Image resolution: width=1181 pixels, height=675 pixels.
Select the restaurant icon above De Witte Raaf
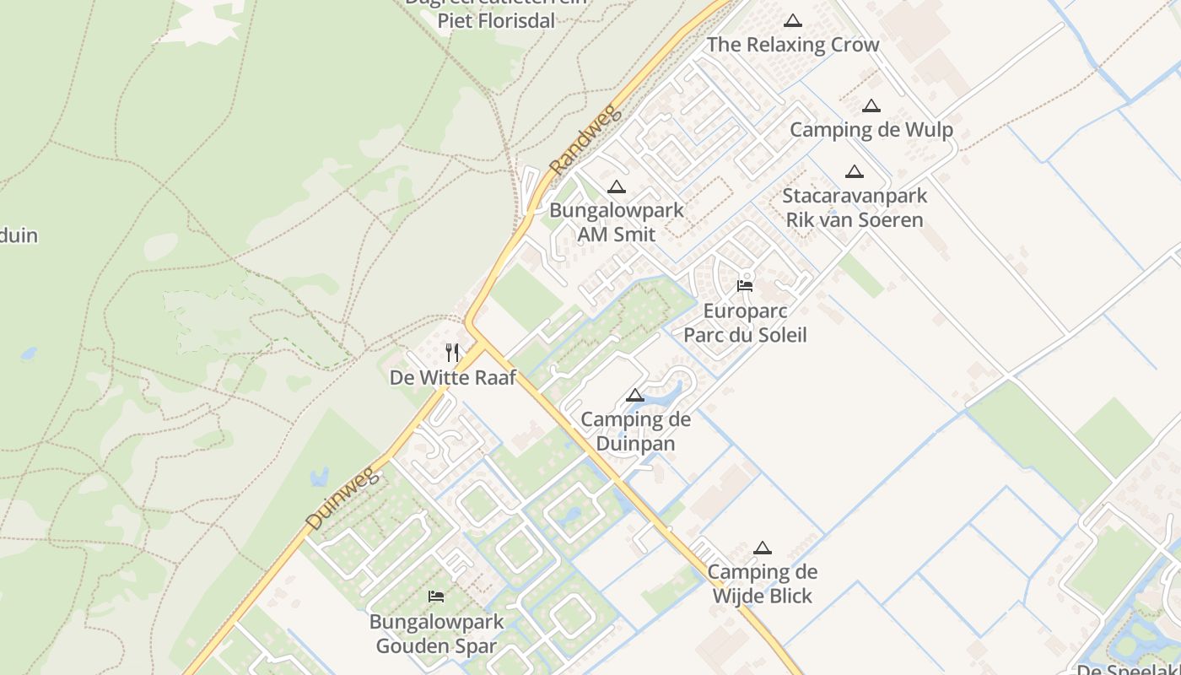click(453, 352)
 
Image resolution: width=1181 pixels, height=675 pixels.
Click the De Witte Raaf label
click(453, 377)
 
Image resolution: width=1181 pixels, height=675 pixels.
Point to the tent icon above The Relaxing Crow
click(792, 20)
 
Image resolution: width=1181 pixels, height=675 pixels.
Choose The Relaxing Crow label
click(792, 45)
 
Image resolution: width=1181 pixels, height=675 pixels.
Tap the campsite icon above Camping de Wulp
click(871, 105)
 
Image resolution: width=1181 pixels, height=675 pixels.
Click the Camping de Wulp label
click(871, 130)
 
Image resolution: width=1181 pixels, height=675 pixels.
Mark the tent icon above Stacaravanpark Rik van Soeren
click(855, 171)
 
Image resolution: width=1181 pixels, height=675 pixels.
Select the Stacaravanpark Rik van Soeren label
click(855, 208)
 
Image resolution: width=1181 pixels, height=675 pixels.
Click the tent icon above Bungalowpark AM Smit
click(617, 186)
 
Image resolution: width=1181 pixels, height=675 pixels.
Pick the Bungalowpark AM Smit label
click(617, 222)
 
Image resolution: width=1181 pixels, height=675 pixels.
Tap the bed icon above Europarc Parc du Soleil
click(745, 286)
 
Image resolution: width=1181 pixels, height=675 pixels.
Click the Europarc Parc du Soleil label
click(745, 322)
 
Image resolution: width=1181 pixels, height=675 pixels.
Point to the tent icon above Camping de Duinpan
click(635, 395)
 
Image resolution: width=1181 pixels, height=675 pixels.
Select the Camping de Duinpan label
click(635, 431)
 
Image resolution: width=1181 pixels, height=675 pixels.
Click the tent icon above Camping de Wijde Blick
click(763, 548)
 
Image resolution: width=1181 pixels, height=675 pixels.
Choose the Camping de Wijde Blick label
click(763, 584)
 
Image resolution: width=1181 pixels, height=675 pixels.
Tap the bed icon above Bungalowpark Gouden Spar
click(436, 597)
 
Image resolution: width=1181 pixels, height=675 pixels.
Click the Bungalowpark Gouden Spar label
click(436, 634)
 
